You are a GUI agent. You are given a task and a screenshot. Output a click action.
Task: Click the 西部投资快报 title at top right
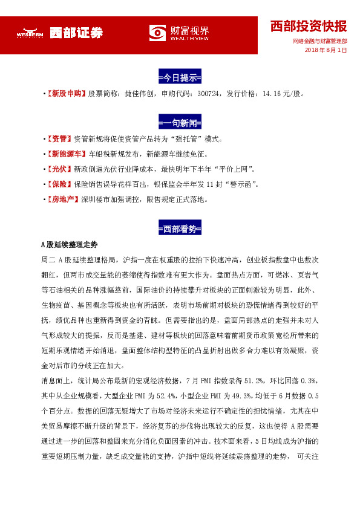309,26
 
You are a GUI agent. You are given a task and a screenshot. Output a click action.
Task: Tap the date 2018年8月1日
326,50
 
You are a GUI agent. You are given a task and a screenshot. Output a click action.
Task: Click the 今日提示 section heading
180,78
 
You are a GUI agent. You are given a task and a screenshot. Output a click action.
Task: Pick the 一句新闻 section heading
180,123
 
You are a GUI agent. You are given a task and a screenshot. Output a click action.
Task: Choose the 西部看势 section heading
180,229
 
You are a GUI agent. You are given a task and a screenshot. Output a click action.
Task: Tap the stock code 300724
208,94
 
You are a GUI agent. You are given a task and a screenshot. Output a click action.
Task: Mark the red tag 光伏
59,169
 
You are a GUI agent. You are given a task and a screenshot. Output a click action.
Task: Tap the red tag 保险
59,184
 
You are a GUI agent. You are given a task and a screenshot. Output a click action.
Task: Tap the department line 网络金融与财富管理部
319,41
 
